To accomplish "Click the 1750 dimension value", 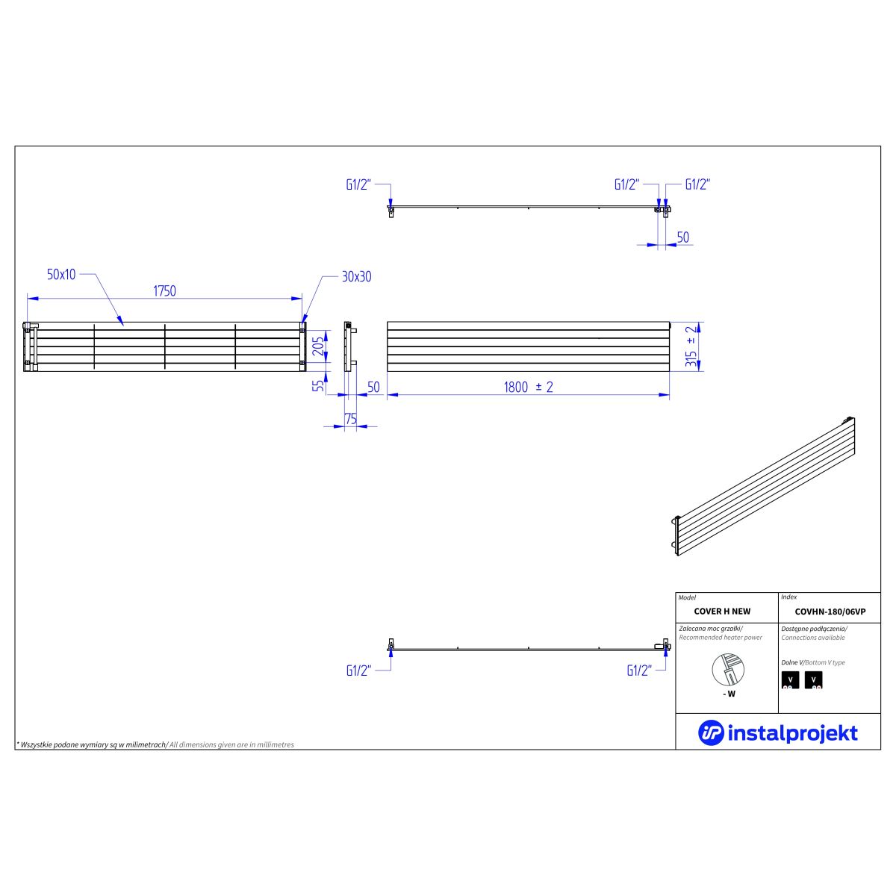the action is pyautogui.click(x=164, y=291).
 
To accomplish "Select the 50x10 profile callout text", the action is pyautogui.click(x=61, y=274).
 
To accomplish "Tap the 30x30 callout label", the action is pyautogui.click(x=357, y=277).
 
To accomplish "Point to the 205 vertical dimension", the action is pyautogui.click(x=318, y=346).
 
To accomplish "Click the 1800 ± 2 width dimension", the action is pyautogui.click(x=529, y=387).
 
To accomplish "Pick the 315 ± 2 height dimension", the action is pyautogui.click(x=692, y=346).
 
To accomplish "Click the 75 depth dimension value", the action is pyautogui.click(x=351, y=419).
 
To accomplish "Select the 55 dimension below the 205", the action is pyautogui.click(x=318, y=385).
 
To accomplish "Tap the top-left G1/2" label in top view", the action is pyautogui.click(x=358, y=185).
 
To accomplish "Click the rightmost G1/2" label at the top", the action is pyautogui.click(x=698, y=184).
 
